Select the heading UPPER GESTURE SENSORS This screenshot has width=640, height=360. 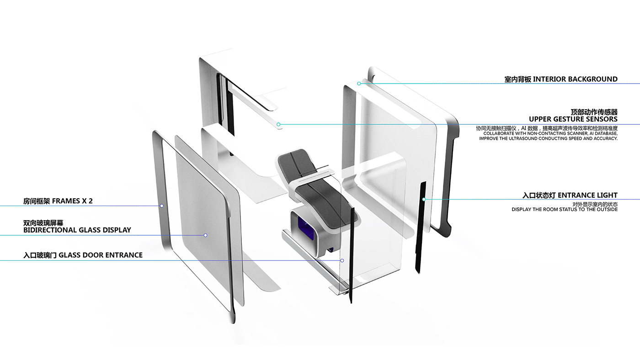[x=573, y=119]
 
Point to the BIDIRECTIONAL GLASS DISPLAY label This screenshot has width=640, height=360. [x=77, y=230]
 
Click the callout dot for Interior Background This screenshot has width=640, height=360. [x=359, y=84]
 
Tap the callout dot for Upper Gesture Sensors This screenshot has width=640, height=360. [x=278, y=124]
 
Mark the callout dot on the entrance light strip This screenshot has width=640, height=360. [x=424, y=199]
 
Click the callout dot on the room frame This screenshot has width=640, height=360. [x=162, y=206]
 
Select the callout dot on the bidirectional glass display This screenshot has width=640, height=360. [x=205, y=235]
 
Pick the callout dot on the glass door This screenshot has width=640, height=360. [x=342, y=260]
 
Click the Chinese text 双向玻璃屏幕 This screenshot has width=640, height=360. [x=43, y=223]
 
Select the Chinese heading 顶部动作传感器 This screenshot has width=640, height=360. [x=594, y=112]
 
